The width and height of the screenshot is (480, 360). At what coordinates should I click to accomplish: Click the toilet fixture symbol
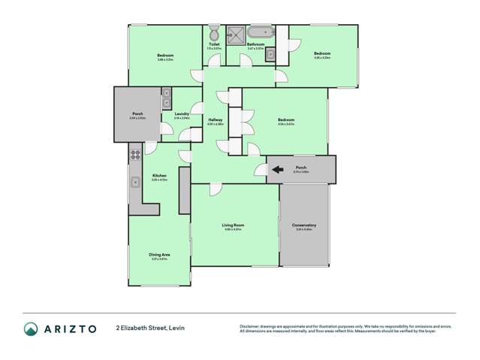213,34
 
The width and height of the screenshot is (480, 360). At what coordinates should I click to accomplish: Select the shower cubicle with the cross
234,35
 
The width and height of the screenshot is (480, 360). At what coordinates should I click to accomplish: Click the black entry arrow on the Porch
277,170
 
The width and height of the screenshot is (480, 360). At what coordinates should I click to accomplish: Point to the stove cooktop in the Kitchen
136,156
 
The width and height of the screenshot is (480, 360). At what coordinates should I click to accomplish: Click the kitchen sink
135,181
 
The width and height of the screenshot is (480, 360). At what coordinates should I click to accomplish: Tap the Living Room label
233,225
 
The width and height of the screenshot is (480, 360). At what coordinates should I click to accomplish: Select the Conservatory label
304,225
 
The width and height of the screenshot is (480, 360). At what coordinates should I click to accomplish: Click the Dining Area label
159,255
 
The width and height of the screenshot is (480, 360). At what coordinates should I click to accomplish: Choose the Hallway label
216,120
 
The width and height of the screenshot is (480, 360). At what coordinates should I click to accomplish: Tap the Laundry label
181,114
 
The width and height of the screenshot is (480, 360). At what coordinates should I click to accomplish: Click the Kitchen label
158,176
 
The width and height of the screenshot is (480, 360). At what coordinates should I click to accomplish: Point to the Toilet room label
214,44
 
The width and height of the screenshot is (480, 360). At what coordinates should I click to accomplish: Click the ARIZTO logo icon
31,328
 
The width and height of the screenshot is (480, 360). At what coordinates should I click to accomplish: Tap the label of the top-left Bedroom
165,56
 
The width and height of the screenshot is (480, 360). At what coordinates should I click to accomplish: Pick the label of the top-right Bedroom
322,53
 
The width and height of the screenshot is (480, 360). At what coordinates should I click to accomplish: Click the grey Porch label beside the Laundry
137,114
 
